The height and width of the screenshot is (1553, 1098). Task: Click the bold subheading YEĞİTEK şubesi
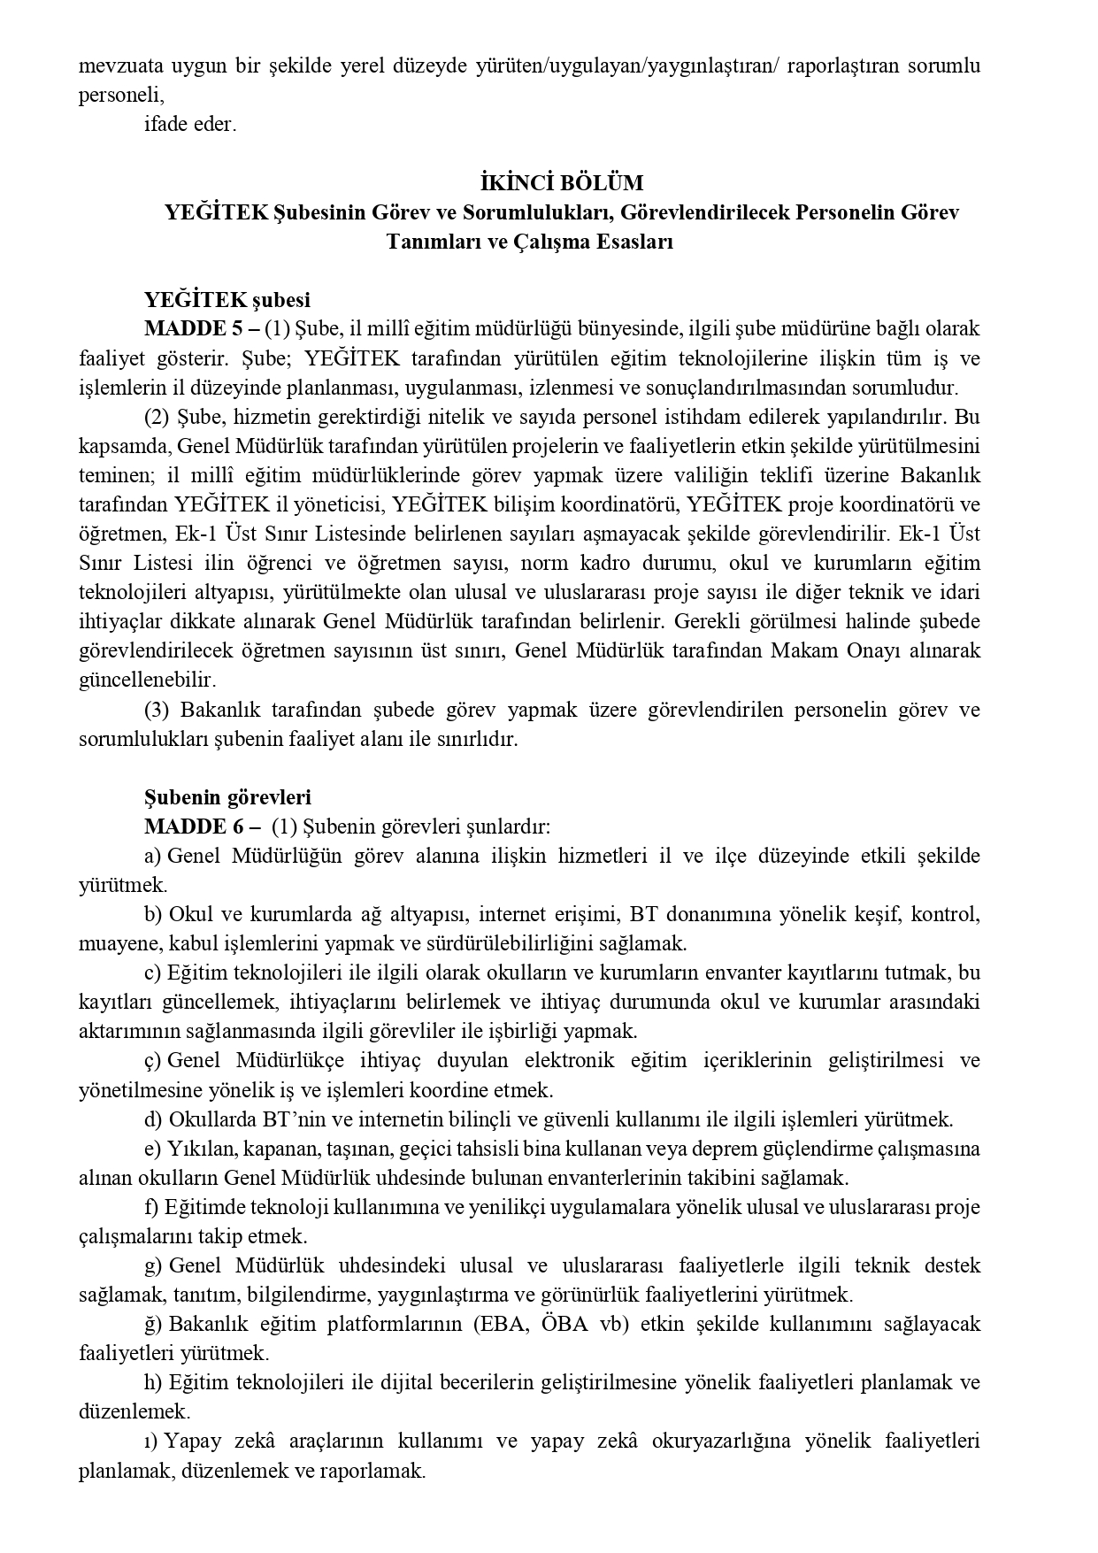point(227,300)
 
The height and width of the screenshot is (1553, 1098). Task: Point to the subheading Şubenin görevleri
point(227,797)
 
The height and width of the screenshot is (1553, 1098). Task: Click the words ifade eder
point(190,124)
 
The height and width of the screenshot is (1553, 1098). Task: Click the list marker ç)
point(152,1060)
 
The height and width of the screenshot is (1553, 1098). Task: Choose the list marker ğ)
point(152,1324)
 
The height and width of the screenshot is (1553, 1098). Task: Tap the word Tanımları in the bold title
point(430,242)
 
